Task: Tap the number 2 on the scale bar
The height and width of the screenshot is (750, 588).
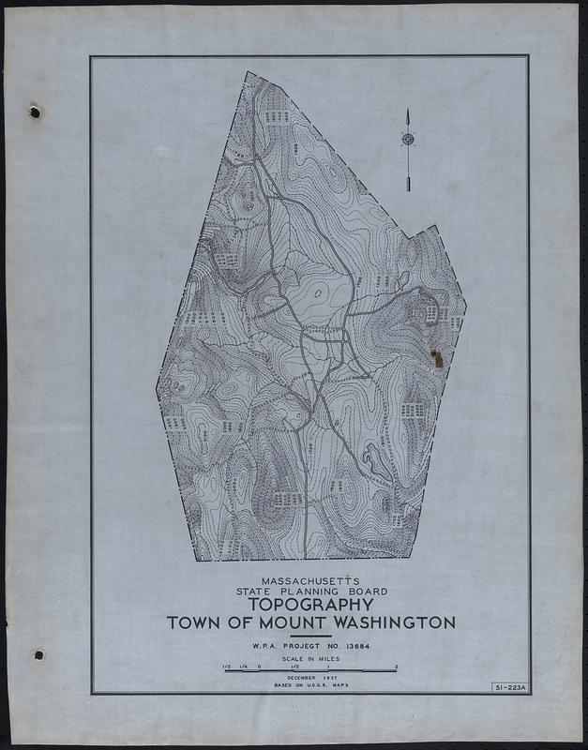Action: pos(398,667)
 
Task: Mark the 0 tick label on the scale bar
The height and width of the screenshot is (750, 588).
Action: pos(258,667)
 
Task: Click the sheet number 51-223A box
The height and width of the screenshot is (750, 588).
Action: pos(509,688)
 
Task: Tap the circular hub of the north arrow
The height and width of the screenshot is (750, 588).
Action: pos(409,141)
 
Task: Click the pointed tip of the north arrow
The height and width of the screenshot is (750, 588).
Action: pos(409,112)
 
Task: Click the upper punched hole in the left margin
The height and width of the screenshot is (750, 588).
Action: pos(35,113)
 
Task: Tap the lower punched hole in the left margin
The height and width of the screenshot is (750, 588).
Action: pos(38,654)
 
